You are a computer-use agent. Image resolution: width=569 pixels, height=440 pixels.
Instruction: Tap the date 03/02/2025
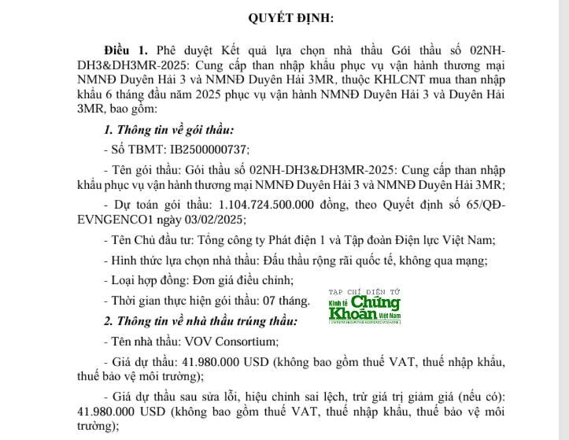pyautogui.click(x=205, y=220)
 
